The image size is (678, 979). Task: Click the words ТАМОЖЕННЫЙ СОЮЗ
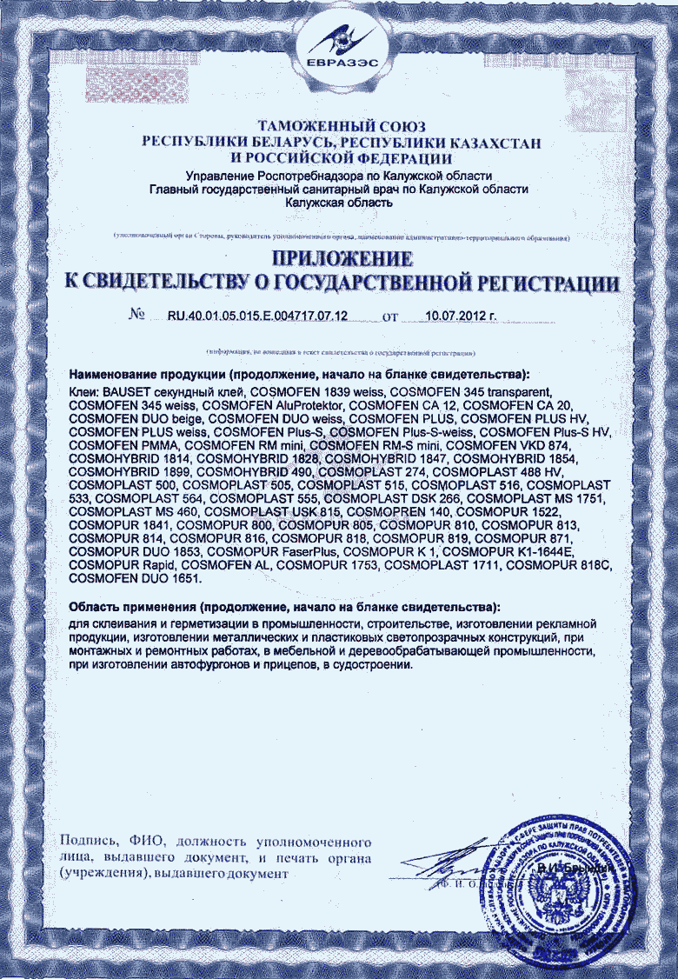click(x=340, y=127)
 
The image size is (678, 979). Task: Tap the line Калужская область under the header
click(x=338, y=203)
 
